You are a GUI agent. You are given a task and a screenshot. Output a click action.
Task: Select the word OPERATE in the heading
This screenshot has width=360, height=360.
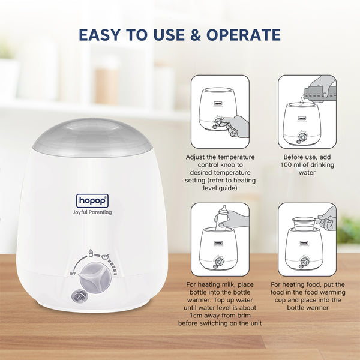pyautogui.click(x=245, y=35)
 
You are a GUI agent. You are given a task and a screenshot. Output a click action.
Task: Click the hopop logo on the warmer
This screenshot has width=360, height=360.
pyautogui.click(x=93, y=200)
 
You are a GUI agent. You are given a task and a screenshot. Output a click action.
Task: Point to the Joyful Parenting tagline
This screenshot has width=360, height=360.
pyautogui.click(x=93, y=212)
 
